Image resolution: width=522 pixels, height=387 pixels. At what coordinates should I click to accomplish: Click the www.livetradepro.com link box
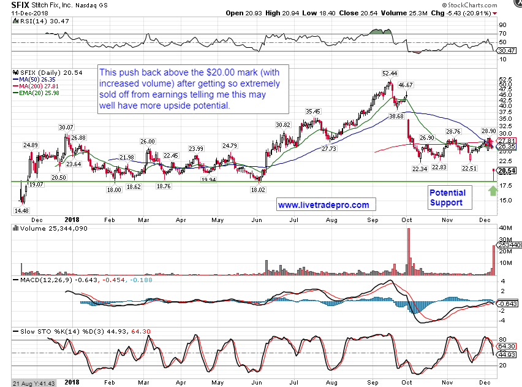(x=323, y=205)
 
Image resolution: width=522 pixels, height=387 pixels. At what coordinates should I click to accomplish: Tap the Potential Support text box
(x=447, y=197)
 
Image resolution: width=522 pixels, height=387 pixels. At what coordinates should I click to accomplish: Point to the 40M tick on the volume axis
(x=505, y=227)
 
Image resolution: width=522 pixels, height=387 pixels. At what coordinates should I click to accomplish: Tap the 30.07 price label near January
(x=66, y=128)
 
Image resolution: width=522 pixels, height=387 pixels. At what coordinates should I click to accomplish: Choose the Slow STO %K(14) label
(x=40, y=332)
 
